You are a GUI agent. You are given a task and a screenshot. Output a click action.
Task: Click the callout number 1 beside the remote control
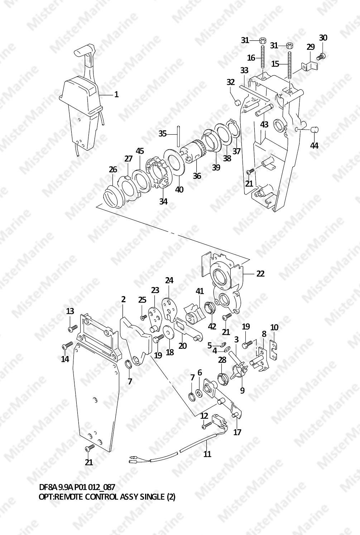point(116,95)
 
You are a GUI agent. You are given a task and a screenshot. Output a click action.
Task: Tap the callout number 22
point(260,273)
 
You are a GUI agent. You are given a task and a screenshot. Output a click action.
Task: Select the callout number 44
point(315,145)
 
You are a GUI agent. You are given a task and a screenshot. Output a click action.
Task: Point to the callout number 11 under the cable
point(207,454)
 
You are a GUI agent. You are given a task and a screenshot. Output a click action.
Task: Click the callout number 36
point(197,176)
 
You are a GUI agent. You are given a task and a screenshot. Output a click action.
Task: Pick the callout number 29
point(311,47)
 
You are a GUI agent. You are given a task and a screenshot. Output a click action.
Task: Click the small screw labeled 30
point(322,56)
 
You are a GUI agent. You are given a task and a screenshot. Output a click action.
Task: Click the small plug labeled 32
point(237,103)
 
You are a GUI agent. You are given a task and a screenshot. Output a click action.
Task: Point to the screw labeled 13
point(73,327)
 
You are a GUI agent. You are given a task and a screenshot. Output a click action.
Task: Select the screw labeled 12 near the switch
point(207,425)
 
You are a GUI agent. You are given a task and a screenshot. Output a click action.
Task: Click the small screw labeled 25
point(143,317)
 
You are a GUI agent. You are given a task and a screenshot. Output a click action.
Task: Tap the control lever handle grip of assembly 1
point(85,50)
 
